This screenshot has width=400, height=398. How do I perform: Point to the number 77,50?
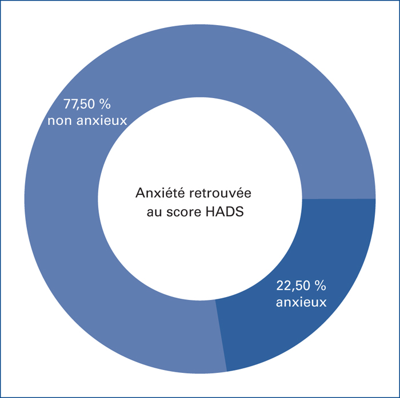pos(79,104)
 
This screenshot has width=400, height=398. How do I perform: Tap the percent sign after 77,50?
pos(105,104)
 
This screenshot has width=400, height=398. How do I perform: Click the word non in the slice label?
pos(60,121)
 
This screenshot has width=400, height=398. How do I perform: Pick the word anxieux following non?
pos(102,121)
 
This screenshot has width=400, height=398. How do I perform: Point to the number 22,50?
pos(293,286)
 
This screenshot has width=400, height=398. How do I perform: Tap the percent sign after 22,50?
pos(321,286)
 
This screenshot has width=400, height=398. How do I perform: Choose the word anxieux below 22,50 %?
pos(301,302)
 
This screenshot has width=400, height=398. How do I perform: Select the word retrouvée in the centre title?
pos(220,193)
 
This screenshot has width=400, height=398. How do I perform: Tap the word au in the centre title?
pos(154,213)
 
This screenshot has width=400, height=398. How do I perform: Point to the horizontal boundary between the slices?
pos(339,199)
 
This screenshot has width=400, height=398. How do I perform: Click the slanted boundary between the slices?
pos(221,335)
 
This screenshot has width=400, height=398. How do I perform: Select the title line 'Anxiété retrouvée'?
pos(193,193)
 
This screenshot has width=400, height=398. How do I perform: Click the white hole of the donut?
pos(200,158)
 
